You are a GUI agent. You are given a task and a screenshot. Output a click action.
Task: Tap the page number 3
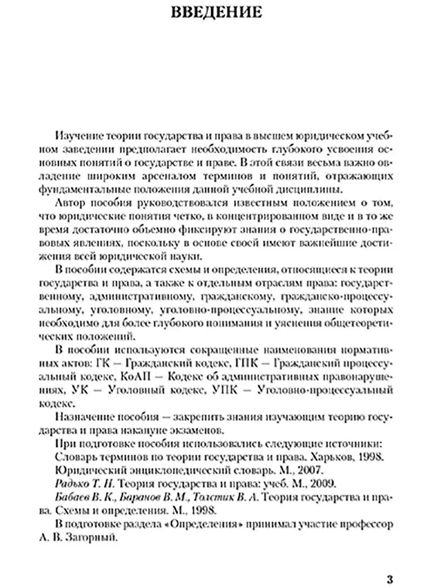390,578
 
